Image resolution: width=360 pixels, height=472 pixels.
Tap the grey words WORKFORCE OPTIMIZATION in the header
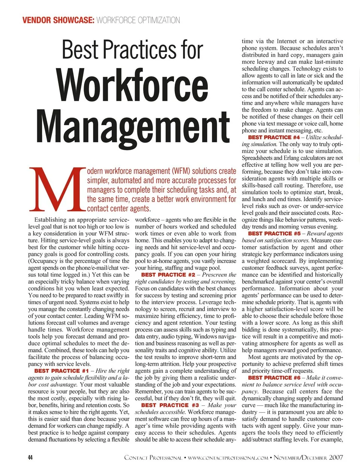click(x=138, y=20)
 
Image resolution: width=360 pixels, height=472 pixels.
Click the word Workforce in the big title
click(x=132, y=85)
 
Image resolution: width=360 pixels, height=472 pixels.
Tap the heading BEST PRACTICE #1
click(x=61, y=371)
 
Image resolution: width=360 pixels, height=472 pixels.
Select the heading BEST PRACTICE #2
click(x=168, y=275)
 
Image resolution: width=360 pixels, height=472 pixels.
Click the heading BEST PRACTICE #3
click(x=170, y=405)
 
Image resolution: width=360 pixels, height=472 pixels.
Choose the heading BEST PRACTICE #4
click(x=274, y=137)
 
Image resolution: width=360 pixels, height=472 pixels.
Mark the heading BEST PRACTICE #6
click(x=274, y=378)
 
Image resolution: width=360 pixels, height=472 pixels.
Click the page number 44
click(x=30, y=457)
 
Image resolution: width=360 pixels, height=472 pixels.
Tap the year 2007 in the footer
click(x=336, y=457)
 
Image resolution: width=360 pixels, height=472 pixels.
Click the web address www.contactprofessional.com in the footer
click(x=228, y=458)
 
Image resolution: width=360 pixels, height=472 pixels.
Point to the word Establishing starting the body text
click(x=50, y=220)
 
